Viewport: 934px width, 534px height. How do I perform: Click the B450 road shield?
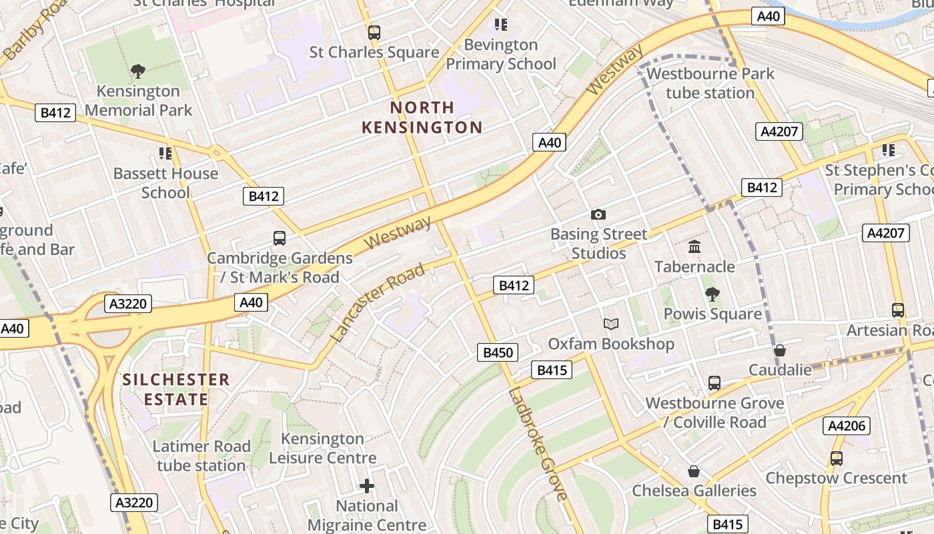[498, 352]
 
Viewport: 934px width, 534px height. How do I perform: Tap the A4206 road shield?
[847, 426]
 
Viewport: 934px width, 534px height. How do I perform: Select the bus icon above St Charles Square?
[374, 32]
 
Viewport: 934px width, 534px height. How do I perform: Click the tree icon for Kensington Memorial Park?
[138, 71]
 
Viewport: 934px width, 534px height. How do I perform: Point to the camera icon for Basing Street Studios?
[598, 214]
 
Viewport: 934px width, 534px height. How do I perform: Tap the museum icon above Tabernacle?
[694, 247]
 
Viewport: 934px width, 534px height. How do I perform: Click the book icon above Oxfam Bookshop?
[610, 324]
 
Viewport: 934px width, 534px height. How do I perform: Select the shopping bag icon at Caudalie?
[779, 350]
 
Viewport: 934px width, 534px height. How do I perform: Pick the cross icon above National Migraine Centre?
[366, 486]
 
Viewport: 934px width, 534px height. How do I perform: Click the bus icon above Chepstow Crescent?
[836, 459]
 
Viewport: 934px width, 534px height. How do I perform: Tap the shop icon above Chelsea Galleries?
[694, 471]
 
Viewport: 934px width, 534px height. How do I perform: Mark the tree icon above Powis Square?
[712, 294]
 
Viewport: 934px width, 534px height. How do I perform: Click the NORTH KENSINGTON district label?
[422, 117]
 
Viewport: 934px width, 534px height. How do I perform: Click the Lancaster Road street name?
[378, 303]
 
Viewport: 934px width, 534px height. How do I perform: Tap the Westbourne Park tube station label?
[710, 83]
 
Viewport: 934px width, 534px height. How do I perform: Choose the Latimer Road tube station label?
[201, 455]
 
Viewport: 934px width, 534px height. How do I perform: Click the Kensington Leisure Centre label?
[323, 448]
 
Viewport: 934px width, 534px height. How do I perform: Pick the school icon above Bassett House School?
[165, 154]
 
